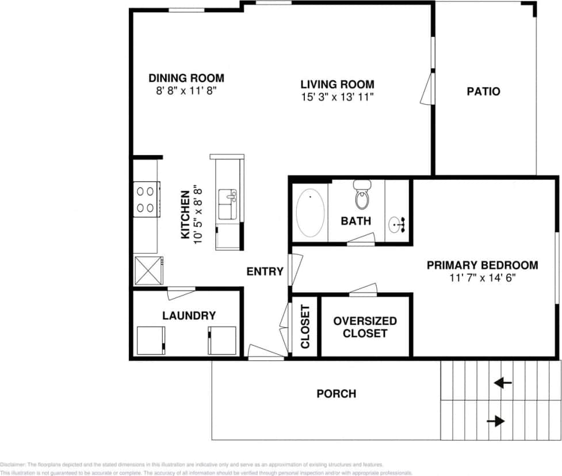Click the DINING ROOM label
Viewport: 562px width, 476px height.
tap(186, 78)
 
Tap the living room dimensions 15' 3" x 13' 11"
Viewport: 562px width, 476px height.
tap(337, 98)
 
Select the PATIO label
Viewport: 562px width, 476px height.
tap(483, 91)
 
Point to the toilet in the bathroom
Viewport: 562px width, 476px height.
tap(362, 195)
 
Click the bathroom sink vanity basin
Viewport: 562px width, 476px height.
tap(397, 224)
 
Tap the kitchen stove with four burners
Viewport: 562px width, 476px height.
tap(147, 199)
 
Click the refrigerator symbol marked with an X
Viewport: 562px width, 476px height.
tap(148, 271)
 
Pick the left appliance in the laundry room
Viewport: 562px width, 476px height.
tap(151, 340)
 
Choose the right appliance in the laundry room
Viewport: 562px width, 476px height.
tap(222, 340)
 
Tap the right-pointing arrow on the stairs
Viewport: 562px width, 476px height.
tap(495, 421)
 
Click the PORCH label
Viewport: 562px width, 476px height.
tap(336, 394)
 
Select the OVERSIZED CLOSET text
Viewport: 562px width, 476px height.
tap(365, 327)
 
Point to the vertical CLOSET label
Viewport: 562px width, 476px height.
tap(305, 327)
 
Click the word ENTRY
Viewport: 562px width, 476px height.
tap(265, 271)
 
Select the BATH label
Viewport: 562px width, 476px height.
tap(355, 221)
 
